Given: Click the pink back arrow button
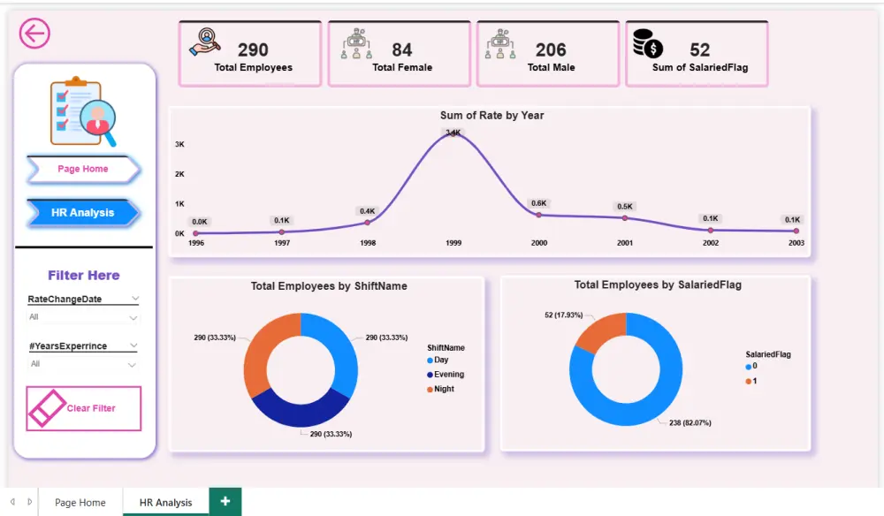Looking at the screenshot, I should point(34,34).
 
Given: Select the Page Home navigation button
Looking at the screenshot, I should point(83,169).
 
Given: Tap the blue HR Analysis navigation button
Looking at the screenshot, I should point(82,213).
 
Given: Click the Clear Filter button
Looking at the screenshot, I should point(83,408).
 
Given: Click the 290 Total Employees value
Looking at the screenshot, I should point(253,50).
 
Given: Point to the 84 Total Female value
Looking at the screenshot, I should point(402,50).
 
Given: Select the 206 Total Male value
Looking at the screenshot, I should point(551,50).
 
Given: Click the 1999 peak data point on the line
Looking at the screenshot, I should point(453,133).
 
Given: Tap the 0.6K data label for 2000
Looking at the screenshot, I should point(538,203).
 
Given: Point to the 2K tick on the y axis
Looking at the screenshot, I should point(179,174).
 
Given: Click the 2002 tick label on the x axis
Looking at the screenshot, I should point(710,243).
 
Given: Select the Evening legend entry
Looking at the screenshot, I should point(448,375).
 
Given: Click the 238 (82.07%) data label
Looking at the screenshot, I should point(689,422).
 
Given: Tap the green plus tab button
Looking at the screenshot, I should point(225,501).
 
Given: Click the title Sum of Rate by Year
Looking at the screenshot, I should point(492,116).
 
